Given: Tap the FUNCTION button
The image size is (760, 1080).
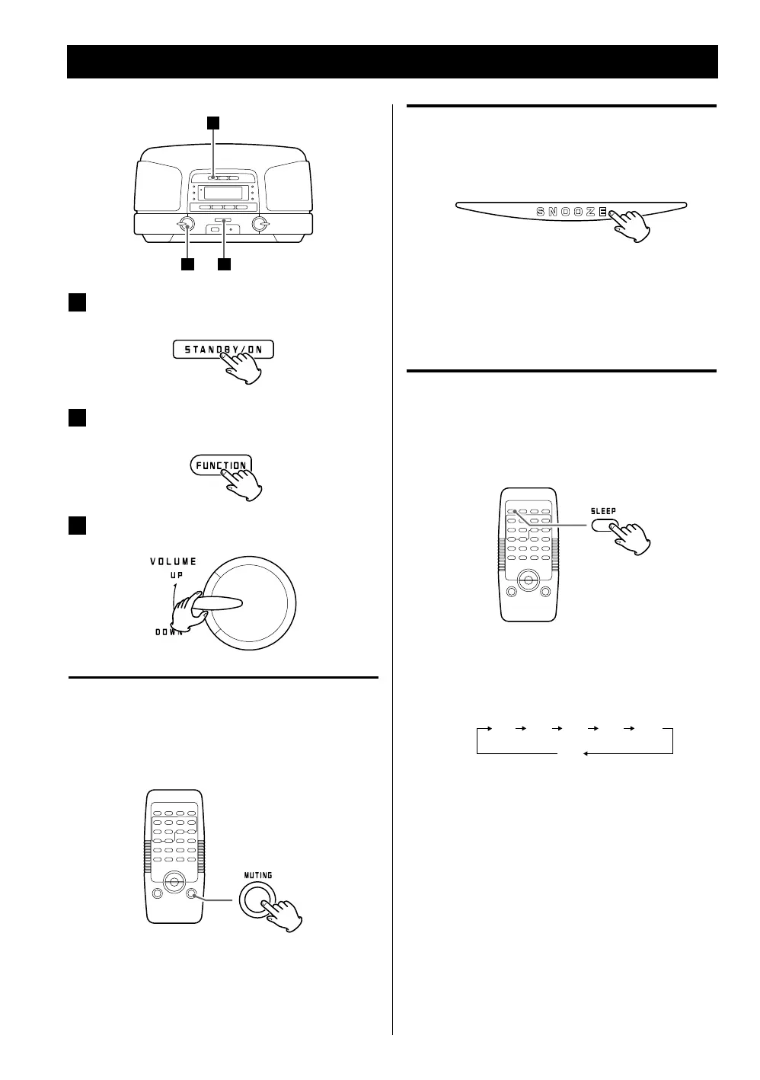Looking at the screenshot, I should click(x=221, y=465).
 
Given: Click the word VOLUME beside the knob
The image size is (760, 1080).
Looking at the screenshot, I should click(x=173, y=561).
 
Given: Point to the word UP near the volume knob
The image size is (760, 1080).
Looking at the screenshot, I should click(x=177, y=577).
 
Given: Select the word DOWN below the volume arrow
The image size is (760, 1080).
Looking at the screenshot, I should click(x=169, y=632).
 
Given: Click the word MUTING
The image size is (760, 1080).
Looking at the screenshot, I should click(x=257, y=875).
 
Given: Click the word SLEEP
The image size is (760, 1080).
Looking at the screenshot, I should click(x=603, y=511).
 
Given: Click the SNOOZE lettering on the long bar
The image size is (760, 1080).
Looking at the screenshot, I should click(x=571, y=212).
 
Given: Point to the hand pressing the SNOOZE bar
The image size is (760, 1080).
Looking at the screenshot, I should click(x=631, y=225).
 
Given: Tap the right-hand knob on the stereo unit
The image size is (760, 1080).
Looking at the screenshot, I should click(x=260, y=224).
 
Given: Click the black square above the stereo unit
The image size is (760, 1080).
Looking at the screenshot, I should click(x=215, y=122).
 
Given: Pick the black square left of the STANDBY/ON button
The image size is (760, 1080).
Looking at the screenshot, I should click(x=77, y=302).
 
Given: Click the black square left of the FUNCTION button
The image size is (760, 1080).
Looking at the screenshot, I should click(x=77, y=418).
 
